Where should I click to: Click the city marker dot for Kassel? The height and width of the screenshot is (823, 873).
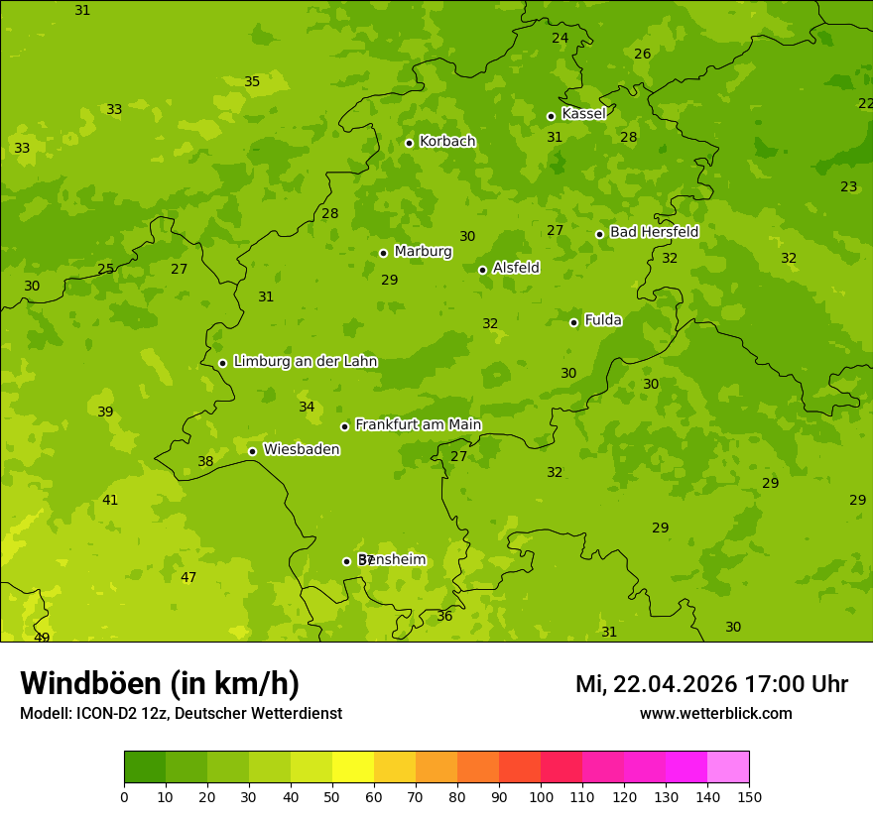point(551,116)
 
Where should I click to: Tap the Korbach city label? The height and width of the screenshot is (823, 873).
point(447,142)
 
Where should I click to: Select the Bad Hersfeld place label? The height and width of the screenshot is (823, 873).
point(654,232)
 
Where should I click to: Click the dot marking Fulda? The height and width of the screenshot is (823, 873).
point(573,322)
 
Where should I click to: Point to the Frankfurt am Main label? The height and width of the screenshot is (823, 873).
point(418,425)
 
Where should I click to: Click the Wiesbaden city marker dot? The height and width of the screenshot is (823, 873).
point(252,451)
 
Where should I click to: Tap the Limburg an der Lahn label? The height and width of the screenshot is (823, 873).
point(305,362)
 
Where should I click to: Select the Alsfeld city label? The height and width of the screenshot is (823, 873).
point(516,268)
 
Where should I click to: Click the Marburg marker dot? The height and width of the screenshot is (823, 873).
point(383,253)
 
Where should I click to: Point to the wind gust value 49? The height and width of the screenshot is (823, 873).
point(42,638)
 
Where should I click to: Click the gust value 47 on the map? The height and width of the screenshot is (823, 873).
point(188,578)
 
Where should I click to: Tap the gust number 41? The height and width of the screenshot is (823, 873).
point(110,501)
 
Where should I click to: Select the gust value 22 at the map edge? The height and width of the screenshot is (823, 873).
point(865,103)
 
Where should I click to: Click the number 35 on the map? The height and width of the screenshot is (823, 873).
point(252,82)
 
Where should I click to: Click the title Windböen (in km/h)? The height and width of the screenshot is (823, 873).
point(160,683)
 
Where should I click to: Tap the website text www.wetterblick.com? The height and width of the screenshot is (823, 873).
point(715,714)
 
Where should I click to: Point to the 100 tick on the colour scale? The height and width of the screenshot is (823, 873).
point(541,796)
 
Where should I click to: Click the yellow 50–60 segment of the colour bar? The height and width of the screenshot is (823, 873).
point(352,767)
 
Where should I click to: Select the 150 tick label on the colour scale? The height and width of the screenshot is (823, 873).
point(748,796)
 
